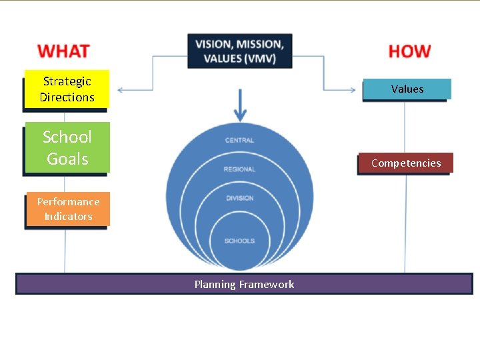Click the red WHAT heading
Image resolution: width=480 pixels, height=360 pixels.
point(63,51)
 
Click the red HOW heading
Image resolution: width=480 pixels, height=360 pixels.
point(409,51)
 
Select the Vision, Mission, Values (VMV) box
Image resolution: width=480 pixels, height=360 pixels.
point(240,51)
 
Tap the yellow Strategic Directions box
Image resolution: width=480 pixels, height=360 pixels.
point(67,89)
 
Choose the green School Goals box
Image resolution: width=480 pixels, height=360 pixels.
point(67,147)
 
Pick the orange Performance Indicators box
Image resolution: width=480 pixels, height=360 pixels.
point(68,209)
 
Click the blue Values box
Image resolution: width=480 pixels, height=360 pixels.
point(407,89)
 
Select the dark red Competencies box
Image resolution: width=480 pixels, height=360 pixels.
point(405,163)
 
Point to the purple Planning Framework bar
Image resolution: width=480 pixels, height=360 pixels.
point(244,284)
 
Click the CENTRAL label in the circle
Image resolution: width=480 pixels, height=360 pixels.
point(239,141)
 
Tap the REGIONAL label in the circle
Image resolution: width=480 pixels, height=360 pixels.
point(239,169)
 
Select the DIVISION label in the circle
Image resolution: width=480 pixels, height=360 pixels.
point(239,198)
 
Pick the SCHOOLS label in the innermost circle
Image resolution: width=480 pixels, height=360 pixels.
point(239,241)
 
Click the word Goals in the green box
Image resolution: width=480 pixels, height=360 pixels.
point(67,159)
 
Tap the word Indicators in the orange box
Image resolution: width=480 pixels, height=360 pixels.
point(68,216)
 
